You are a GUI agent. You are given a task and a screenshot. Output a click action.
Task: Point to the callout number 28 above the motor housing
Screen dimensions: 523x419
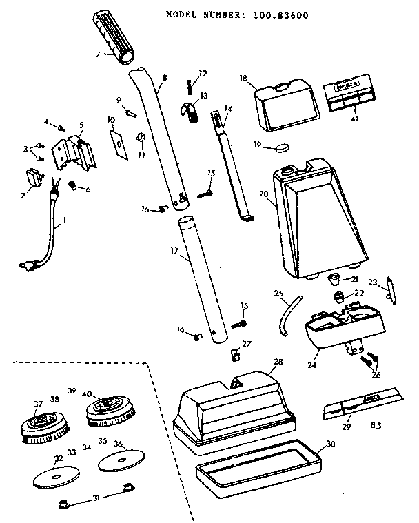click(x=278, y=362)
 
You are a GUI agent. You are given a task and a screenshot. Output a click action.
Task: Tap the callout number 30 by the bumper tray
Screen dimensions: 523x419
click(x=331, y=444)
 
